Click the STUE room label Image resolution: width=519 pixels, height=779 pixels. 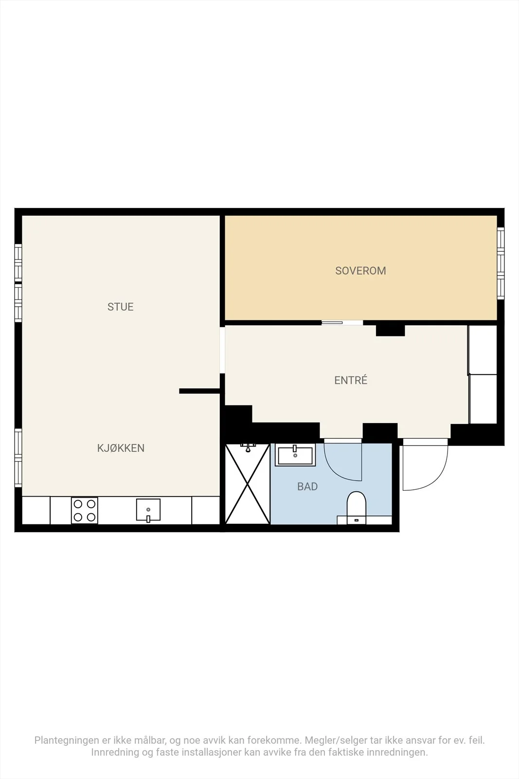pos(120,307)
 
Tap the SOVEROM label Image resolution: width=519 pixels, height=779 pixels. pos(360,271)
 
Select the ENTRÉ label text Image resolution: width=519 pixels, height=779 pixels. pos(351,380)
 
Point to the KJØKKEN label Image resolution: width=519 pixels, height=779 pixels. pos(121,448)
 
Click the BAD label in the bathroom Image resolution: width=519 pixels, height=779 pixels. pos(307,486)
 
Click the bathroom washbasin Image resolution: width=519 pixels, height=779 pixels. pos(295,455)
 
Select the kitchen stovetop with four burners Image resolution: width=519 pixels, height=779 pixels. pos(85,511)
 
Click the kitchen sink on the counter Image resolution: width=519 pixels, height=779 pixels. pos(148,510)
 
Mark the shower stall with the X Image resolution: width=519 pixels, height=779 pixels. pos(248,484)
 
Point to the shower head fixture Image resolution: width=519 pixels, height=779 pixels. pos(248,447)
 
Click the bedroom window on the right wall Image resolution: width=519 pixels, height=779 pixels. pos(501,263)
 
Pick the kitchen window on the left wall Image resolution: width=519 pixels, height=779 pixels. pos(18,458)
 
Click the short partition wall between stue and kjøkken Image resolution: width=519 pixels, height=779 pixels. pos(200,391)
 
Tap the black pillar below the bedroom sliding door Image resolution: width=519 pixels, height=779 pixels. pos(391,331)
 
